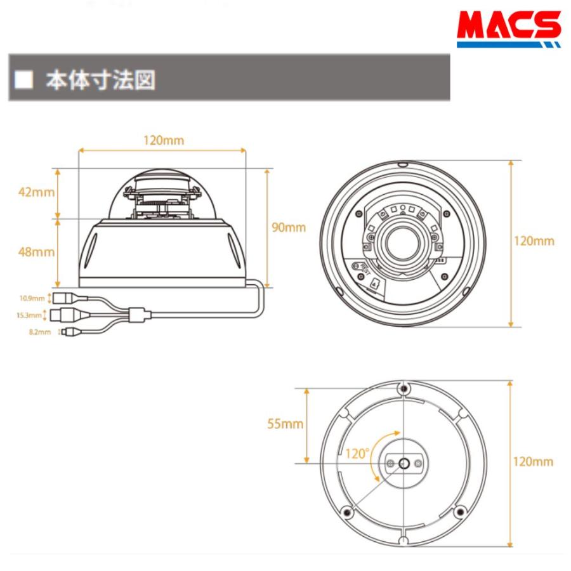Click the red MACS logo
(509, 29)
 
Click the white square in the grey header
(23, 79)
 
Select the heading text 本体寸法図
(100, 80)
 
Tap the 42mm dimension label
(36, 192)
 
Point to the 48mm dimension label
(36, 252)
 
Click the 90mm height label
(289, 227)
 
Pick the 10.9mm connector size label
(32, 298)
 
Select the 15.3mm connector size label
(29, 315)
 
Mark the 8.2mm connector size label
(40, 332)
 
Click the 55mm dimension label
(285, 424)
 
